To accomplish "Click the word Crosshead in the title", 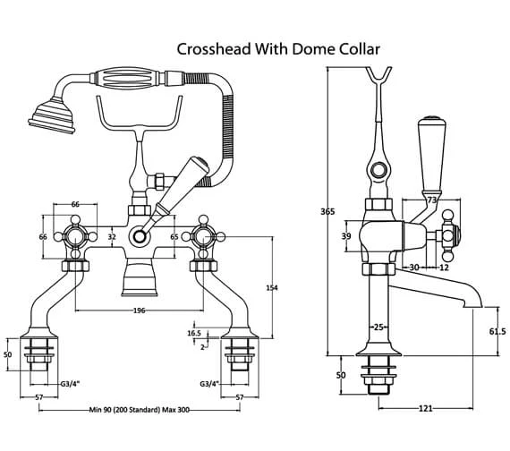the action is pos(214,49).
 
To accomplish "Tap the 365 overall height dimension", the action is pos(327,211).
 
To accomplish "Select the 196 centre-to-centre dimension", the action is pos(140,311).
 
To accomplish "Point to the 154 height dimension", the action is pos(272,287).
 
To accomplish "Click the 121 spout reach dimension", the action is pos(425,408).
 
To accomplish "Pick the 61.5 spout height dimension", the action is pos(497,331).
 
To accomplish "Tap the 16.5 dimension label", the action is pos(194,333).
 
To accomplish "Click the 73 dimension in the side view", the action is pos(431,200).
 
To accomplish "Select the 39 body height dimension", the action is pos(346,236).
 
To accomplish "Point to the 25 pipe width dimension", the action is pos(378,327).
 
